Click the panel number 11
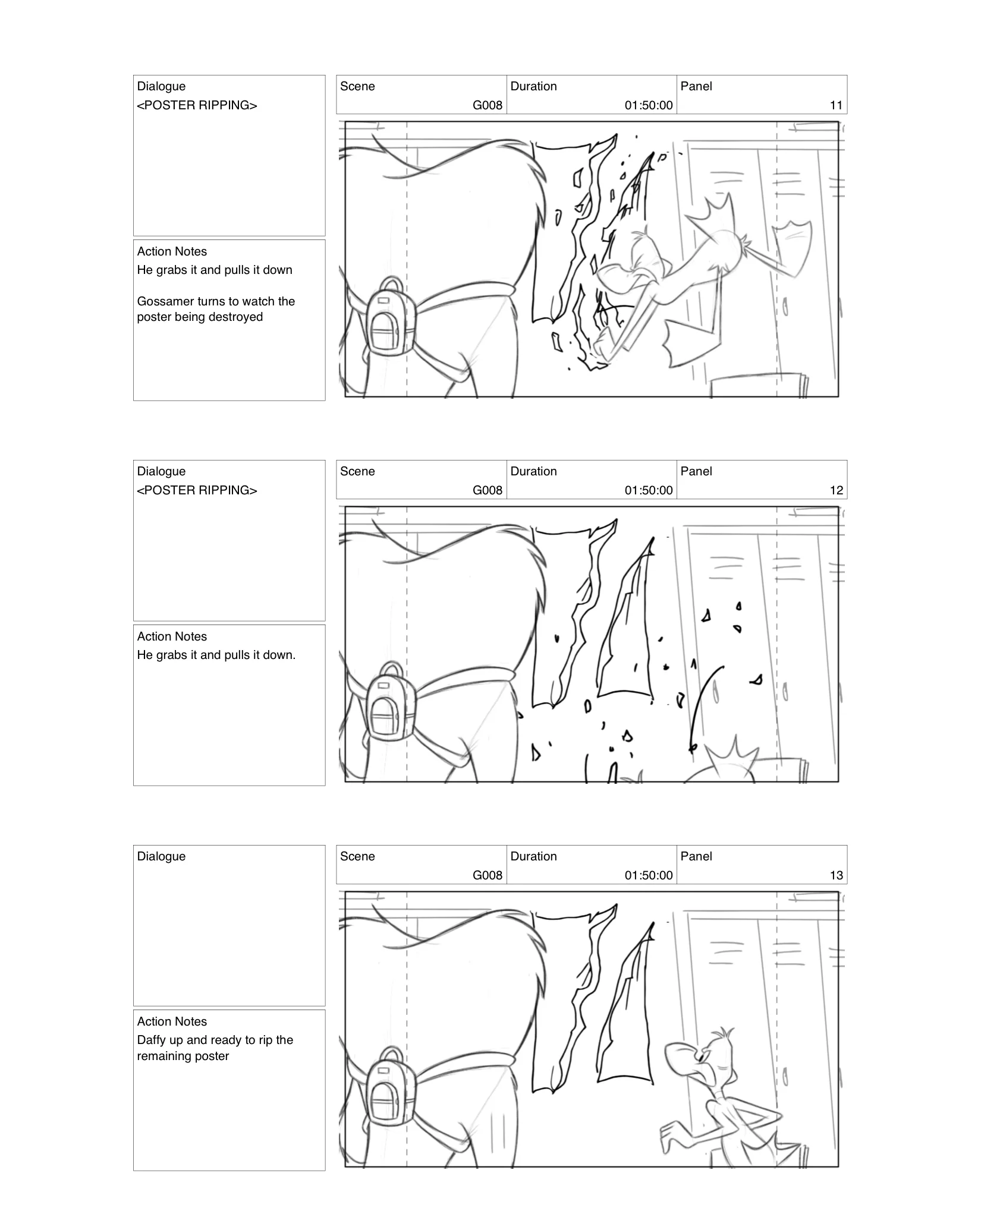(835, 105)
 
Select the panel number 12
(835, 490)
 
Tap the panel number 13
(835, 875)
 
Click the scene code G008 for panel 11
(487, 105)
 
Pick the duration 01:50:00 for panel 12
(648, 490)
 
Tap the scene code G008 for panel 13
(487, 875)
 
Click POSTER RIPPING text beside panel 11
(197, 105)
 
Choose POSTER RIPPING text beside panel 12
(197, 490)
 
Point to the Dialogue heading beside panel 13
(161, 856)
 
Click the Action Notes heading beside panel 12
(172, 636)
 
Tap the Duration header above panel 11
(533, 86)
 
